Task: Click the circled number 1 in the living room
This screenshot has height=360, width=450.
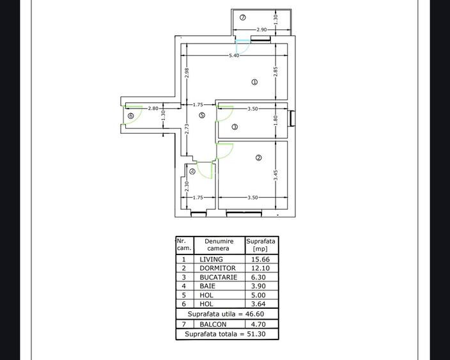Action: pos(254,82)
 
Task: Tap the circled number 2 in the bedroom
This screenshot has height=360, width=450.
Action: pos(258,157)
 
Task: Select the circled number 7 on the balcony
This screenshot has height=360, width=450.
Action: pos(242,17)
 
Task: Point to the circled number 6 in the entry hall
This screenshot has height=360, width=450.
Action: pos(131,116)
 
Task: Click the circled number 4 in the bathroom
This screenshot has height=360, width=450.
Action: pos(192,171)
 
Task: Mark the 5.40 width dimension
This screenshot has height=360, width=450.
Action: pos(234,56)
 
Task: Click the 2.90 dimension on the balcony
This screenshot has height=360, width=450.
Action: pos(262,30)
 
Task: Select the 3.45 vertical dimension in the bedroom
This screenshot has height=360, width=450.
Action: pos(275,175)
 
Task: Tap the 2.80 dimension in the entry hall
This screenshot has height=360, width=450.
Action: pos(153,109)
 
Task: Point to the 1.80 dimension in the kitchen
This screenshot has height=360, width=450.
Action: pos(275,120)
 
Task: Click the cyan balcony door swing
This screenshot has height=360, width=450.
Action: pos(242,47)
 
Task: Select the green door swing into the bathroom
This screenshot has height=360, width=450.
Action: pos(205,170)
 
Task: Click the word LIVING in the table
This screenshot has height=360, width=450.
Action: pos(211,260)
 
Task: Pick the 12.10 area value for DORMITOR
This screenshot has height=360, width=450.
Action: pos(260,269)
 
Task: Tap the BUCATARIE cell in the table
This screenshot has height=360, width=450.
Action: pos(218,278)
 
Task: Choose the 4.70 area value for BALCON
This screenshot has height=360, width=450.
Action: pos(260,325)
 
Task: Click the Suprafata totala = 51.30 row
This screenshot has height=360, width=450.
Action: pos(227,334)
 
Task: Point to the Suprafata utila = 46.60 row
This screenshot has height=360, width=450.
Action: pos(227,314)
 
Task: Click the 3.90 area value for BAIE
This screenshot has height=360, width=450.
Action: pos(260,286)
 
